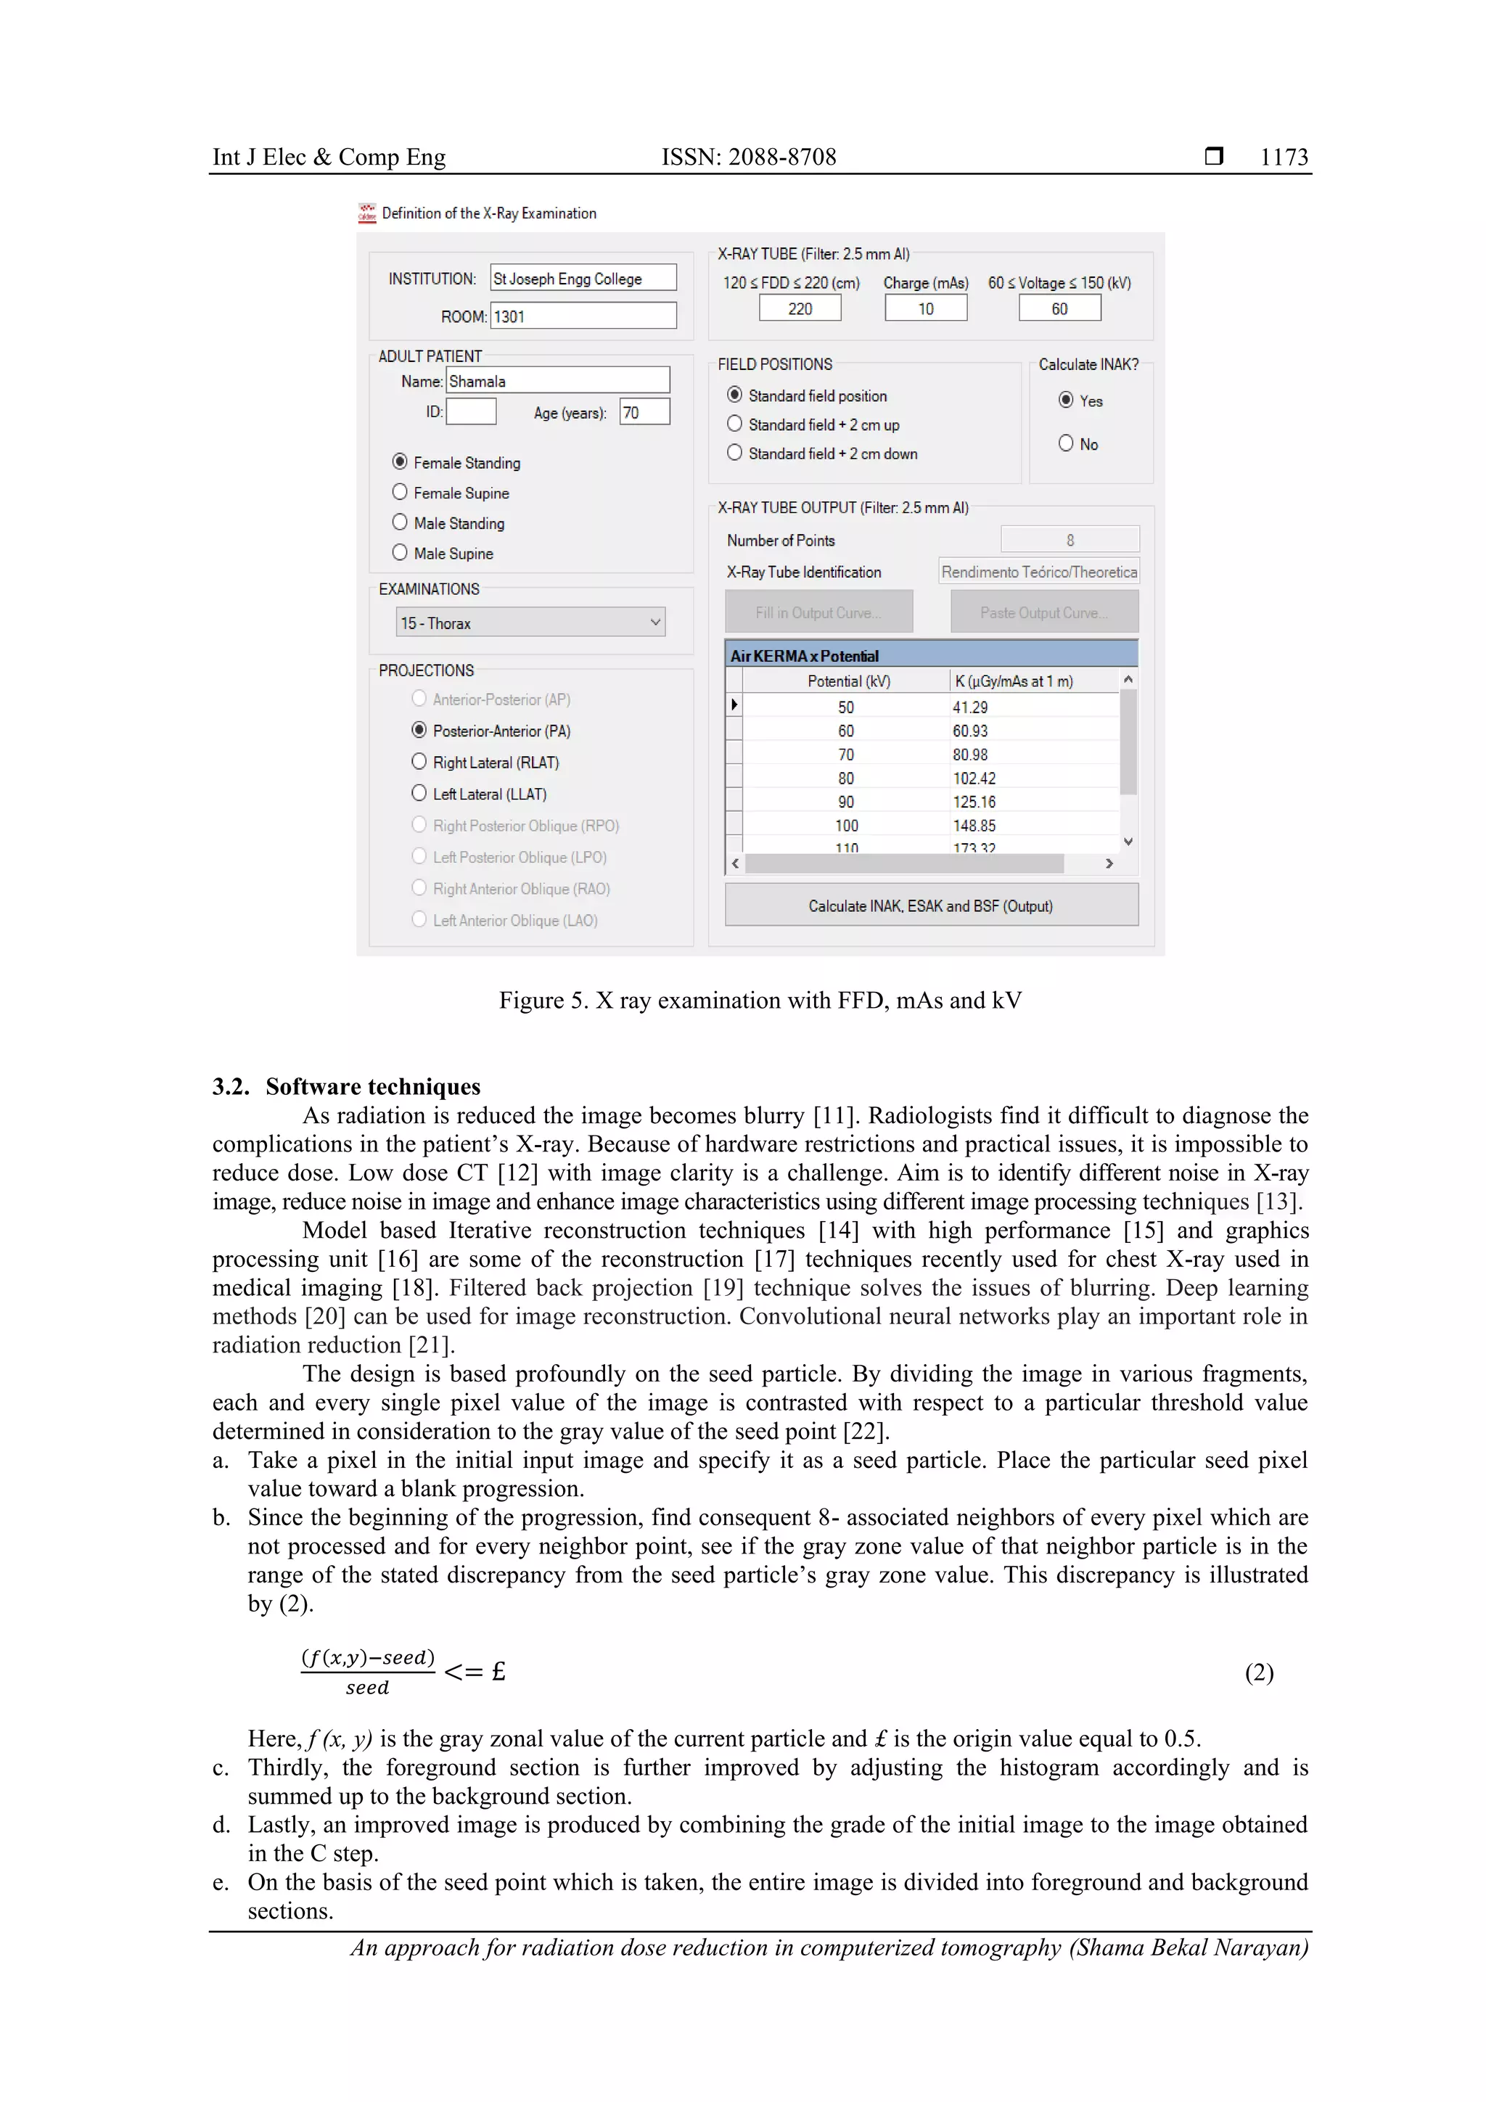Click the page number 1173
(1283, 157)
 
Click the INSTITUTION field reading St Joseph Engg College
(583, 279)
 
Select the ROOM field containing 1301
(583, 317)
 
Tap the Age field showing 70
(644, 412)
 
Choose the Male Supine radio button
(400, 553)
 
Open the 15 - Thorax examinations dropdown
(530, 623)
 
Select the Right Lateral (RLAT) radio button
(419, 762)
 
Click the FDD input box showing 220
(800, 308)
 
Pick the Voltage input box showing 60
(1059, 308)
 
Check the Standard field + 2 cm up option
(734, 424)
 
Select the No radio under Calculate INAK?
(1066, 443)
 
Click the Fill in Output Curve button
(818, 612)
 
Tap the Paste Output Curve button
(1044, 612)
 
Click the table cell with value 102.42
(973, 778)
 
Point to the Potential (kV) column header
(847, 681)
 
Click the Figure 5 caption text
(759, 1001)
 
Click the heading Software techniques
(373, 1087)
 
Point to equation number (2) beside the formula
(1258, 1672)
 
